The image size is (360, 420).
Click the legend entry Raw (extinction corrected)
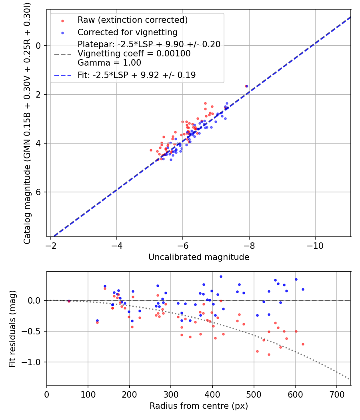point(132,20)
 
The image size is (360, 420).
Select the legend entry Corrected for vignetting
point(127,32)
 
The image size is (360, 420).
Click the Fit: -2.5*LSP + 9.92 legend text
point(137,75)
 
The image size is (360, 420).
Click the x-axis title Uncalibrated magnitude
point(199,257)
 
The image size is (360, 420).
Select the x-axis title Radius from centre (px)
point(199,406)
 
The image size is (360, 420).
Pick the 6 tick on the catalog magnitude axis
point(39,192)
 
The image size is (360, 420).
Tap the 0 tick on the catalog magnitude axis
point(39,46)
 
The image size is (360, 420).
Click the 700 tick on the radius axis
point(336,393)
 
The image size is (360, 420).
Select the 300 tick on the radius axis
point(171,393)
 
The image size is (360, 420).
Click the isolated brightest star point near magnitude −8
point(246,86)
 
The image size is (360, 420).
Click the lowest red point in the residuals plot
point(269,354)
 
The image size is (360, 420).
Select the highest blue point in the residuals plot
point(221,276)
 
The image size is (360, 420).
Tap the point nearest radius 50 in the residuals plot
point(69,301)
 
